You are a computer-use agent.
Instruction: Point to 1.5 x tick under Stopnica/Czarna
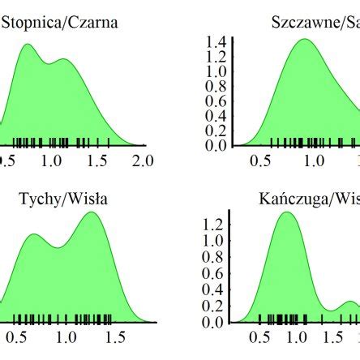pos(97,161)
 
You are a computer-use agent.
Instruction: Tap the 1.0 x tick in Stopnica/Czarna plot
pos(52,161)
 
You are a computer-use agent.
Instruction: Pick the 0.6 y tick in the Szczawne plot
pos(215,101)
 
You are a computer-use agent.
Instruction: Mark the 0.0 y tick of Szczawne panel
pos(215,146)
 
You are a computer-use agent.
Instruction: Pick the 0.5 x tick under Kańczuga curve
pos(261,336)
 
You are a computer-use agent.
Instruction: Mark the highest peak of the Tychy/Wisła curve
pos(92,213)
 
